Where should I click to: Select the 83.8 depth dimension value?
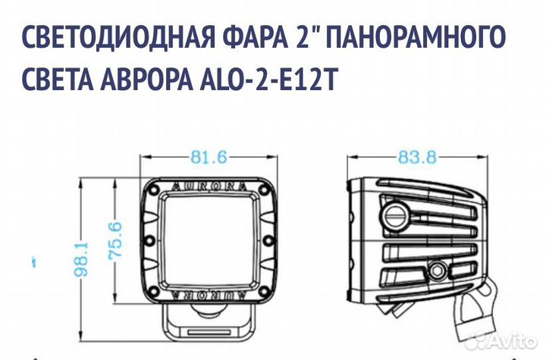point(417,158)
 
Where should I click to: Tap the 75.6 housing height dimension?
point(115,240)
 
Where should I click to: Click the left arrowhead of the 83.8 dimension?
point(350,158)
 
